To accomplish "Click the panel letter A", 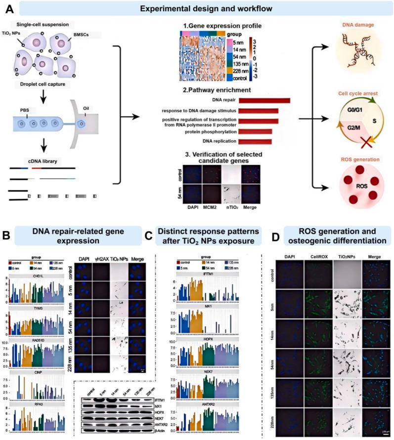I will (8, 9).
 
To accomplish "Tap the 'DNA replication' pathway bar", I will (257, 142).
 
